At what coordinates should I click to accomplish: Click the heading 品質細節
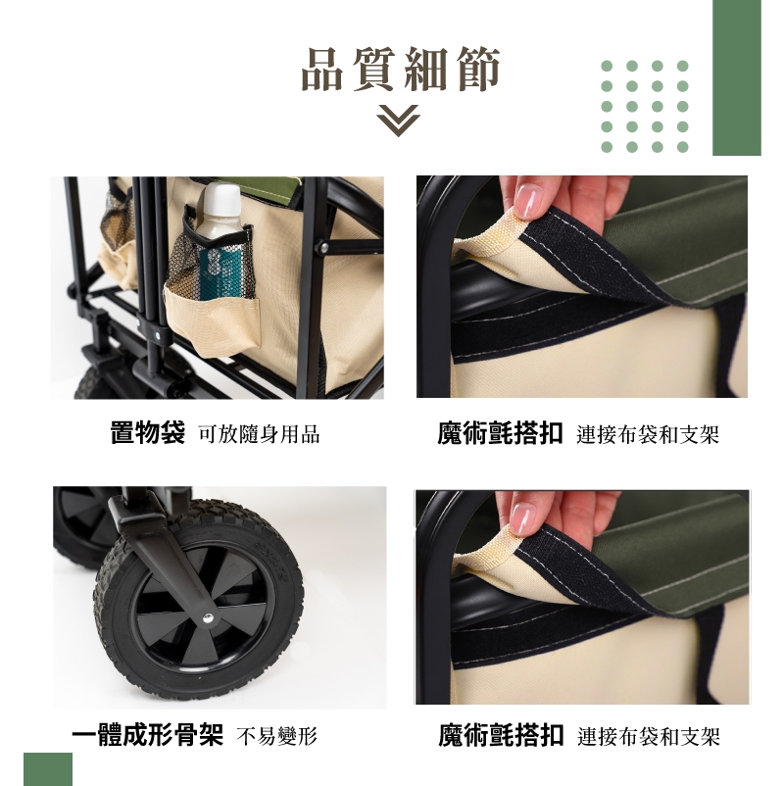(x=401, y=70)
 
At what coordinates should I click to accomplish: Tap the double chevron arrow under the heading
(x=399, y=120)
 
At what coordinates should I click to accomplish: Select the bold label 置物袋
(x=148, y=432)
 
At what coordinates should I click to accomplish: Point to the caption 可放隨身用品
(x=259, y=434)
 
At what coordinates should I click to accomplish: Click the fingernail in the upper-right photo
(x=528, y=200)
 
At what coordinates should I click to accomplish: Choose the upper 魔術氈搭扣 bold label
(x=500, y=433)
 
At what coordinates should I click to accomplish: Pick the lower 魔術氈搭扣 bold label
(x=502, y=735)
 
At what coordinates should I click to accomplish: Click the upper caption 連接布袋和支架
(x=648, y=434)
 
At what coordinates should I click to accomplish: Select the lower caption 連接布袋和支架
(x=649, y=736)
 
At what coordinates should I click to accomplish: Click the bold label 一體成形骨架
(x=147, y=735)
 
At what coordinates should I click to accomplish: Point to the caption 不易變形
(x=277, y=736)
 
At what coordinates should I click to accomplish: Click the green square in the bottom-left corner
(x=48, y=769)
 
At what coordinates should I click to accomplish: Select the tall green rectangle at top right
(x=737, y=77)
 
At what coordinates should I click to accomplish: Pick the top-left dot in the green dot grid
(x=607, y=66)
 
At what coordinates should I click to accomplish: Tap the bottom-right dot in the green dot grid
(x=682, y=147)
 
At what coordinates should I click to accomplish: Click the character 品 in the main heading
(x=322, y=70)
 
